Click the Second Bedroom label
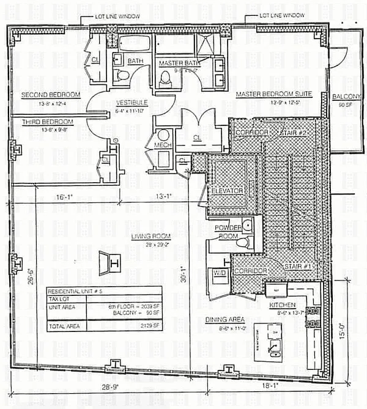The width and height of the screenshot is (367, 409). [51, 95]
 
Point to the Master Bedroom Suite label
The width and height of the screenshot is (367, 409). [274, 94]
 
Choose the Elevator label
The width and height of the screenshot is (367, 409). [228, 191]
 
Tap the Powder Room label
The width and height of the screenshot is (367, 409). [228, 231]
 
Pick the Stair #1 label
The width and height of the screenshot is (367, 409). [298, 267]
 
